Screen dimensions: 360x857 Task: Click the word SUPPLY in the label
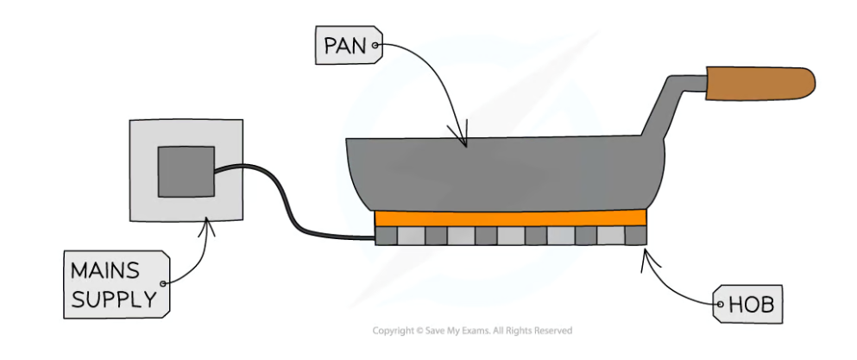(x=114, y=299)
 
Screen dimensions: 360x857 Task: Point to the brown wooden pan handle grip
(x=759, y=82)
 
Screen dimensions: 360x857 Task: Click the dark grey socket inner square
(x=186, y=171)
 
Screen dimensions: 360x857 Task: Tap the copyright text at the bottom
(x=471, y=331)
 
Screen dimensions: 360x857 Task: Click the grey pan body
(x=501, y=173)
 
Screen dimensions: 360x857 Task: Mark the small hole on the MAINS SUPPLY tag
(x=163, y=283)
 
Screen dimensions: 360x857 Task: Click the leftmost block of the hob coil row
(x=386, y=235)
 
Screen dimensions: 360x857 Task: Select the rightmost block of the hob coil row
(x=635, y=235)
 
